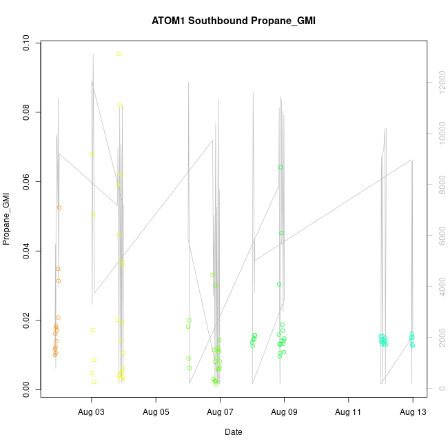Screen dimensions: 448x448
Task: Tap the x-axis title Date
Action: click(x=233, y=432)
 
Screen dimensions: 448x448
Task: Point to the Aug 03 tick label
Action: click(x=92, y=414)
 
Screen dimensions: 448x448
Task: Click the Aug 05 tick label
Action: click(x=156, y=414)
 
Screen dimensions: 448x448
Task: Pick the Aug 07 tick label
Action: click(x=220, y=414)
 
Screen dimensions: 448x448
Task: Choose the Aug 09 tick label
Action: click(x=284, y=414)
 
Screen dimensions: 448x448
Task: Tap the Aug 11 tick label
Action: click(x=348, y=414)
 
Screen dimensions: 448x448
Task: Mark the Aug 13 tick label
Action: click(x=412, y=414)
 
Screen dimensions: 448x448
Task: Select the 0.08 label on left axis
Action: click(x=26, y=112)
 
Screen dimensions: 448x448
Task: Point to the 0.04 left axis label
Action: click(x=26, y=251)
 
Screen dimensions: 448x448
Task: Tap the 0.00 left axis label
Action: click(x=26, y=389)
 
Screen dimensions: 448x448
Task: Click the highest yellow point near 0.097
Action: click(x=119, y=54)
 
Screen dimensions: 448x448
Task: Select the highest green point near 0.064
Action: click(x=281, y=167)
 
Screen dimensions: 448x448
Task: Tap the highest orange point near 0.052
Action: click(x=59, y=207)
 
